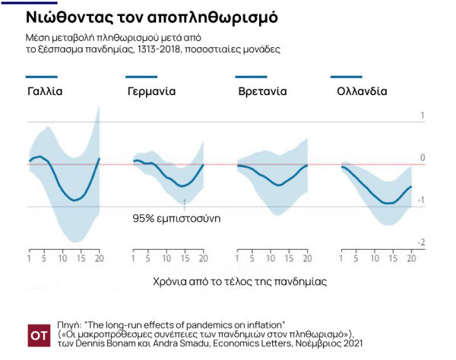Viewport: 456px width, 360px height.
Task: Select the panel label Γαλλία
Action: point(45,91)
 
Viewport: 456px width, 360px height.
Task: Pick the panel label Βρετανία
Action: point(261,91)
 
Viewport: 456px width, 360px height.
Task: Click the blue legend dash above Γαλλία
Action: point(41,77)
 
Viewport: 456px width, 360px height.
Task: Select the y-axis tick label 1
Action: point(423,115)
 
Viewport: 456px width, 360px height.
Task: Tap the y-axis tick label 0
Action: point(423,157)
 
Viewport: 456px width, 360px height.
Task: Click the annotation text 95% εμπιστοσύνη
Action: point(171,218)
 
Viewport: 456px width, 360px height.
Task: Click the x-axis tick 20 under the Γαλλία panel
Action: point(98,260)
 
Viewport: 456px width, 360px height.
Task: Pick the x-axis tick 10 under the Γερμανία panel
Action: point(166,260)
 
